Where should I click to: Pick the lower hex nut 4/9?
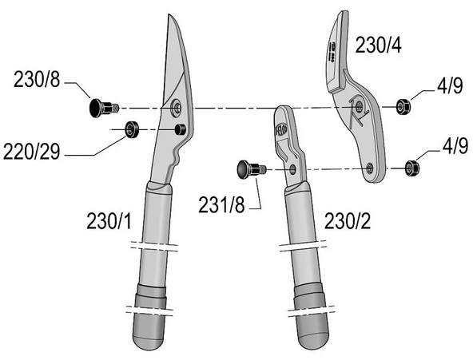click(412, 167)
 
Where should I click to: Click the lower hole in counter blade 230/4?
click(370, 167)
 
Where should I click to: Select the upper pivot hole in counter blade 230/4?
click(361, 104)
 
